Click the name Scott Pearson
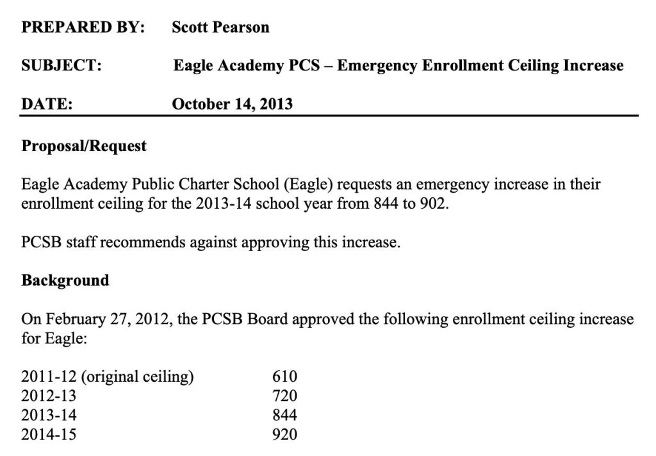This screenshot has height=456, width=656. [220, 28]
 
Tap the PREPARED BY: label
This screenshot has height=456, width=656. [83, 28]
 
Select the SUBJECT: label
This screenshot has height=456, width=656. [61, 65]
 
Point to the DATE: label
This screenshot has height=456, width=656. [47, 103]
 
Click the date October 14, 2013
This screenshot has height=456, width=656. [232, 103]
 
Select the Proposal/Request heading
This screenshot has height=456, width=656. [84, 146]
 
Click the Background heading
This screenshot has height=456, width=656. [65, 281]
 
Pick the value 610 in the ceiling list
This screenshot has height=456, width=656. [285, 377]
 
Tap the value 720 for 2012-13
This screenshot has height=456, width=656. [285, 396]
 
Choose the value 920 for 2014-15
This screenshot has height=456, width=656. [285, 435]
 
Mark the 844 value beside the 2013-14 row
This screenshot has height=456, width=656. [285, 415]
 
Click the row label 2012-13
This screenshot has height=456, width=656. [49, 396]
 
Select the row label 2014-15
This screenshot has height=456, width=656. [49, 435]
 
